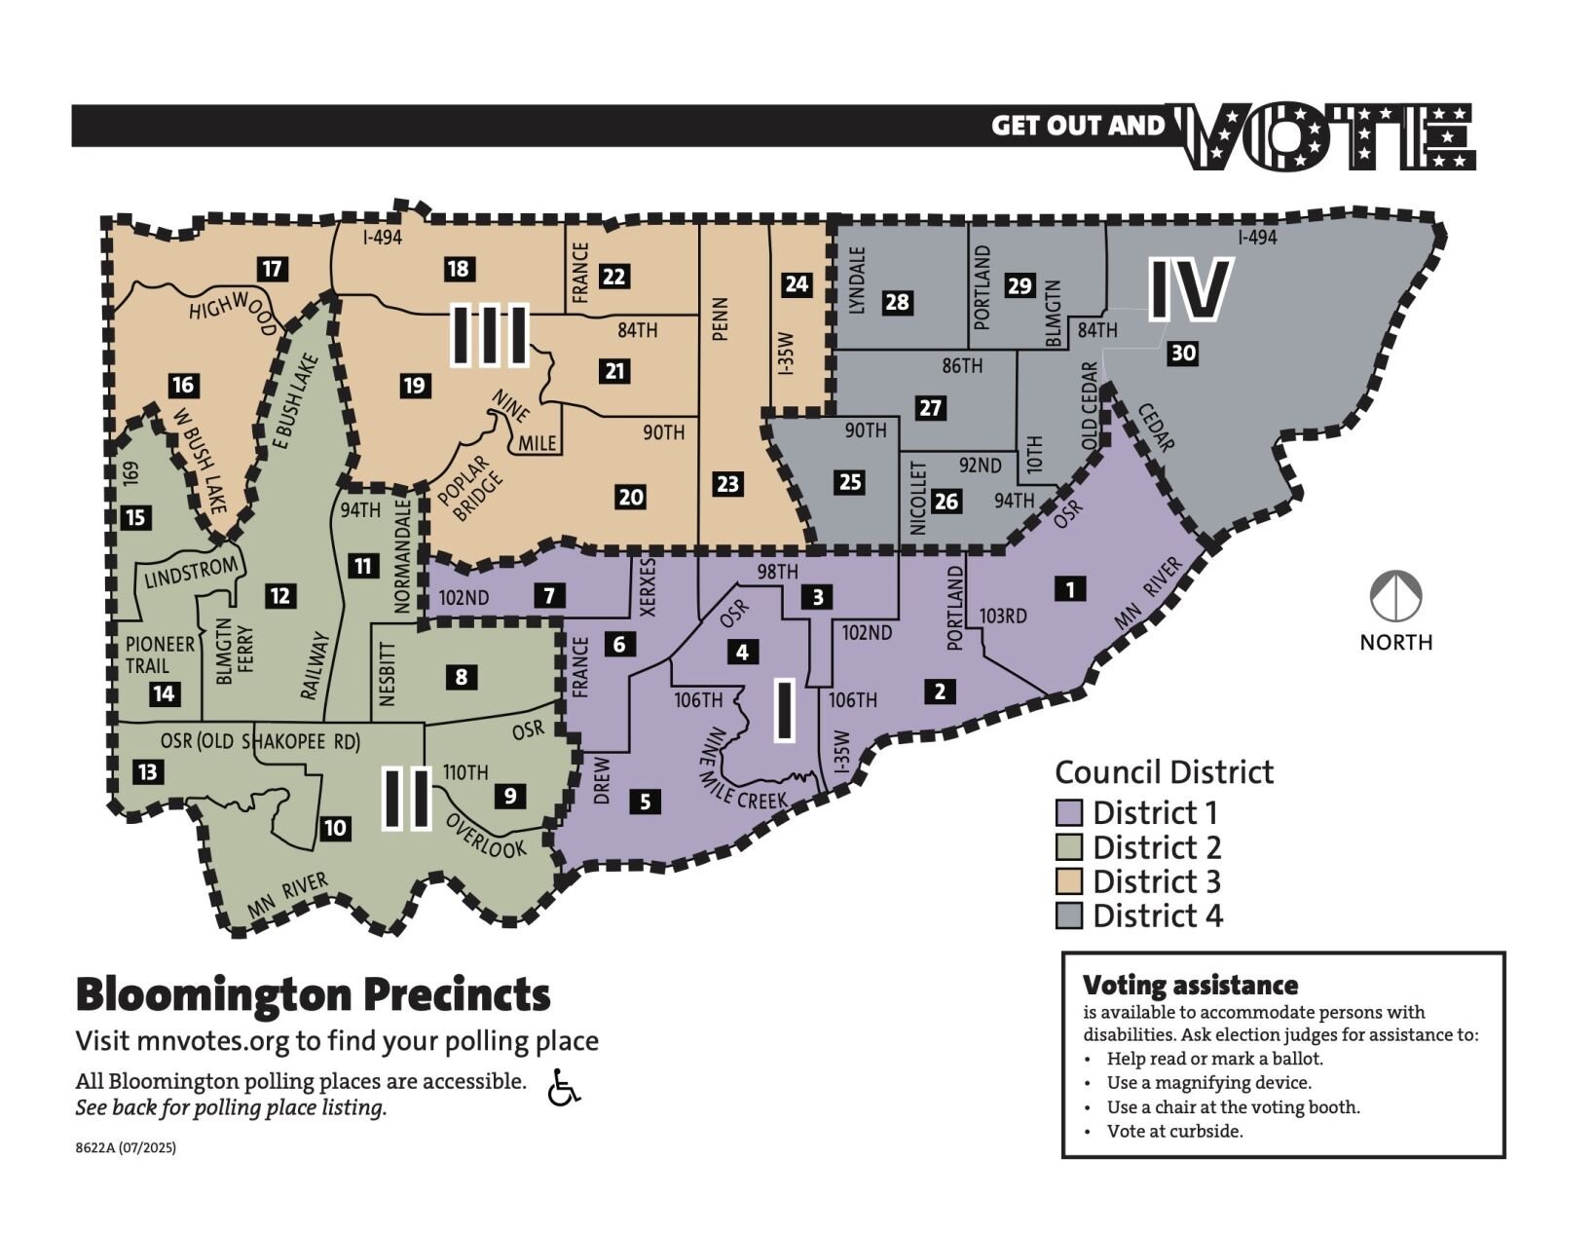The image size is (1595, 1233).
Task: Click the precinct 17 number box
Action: (x=273, y=269)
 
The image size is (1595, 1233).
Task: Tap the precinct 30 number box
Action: (x=1183, y=353)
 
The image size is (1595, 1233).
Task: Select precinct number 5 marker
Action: (x=645, y=802)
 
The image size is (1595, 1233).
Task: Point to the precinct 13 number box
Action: (x=147, y=772)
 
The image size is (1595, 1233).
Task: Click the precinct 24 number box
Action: (x=797, y=284)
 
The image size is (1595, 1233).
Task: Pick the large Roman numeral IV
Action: (x=1190, y=289)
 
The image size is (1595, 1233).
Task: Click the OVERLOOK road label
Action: (x=486, y=836)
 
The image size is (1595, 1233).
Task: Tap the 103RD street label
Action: (x=1003, y=616)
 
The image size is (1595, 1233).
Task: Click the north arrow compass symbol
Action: (x=1395, y=596)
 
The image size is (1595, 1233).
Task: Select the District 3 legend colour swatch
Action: (x=1069, y=881)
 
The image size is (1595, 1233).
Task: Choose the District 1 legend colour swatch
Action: (x=1069, y=812)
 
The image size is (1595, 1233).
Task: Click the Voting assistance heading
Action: (x=1190, y=985)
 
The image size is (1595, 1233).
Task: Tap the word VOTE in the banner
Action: (x=1328, y=137)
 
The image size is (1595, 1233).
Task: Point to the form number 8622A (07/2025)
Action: (x=126, y=1147)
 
